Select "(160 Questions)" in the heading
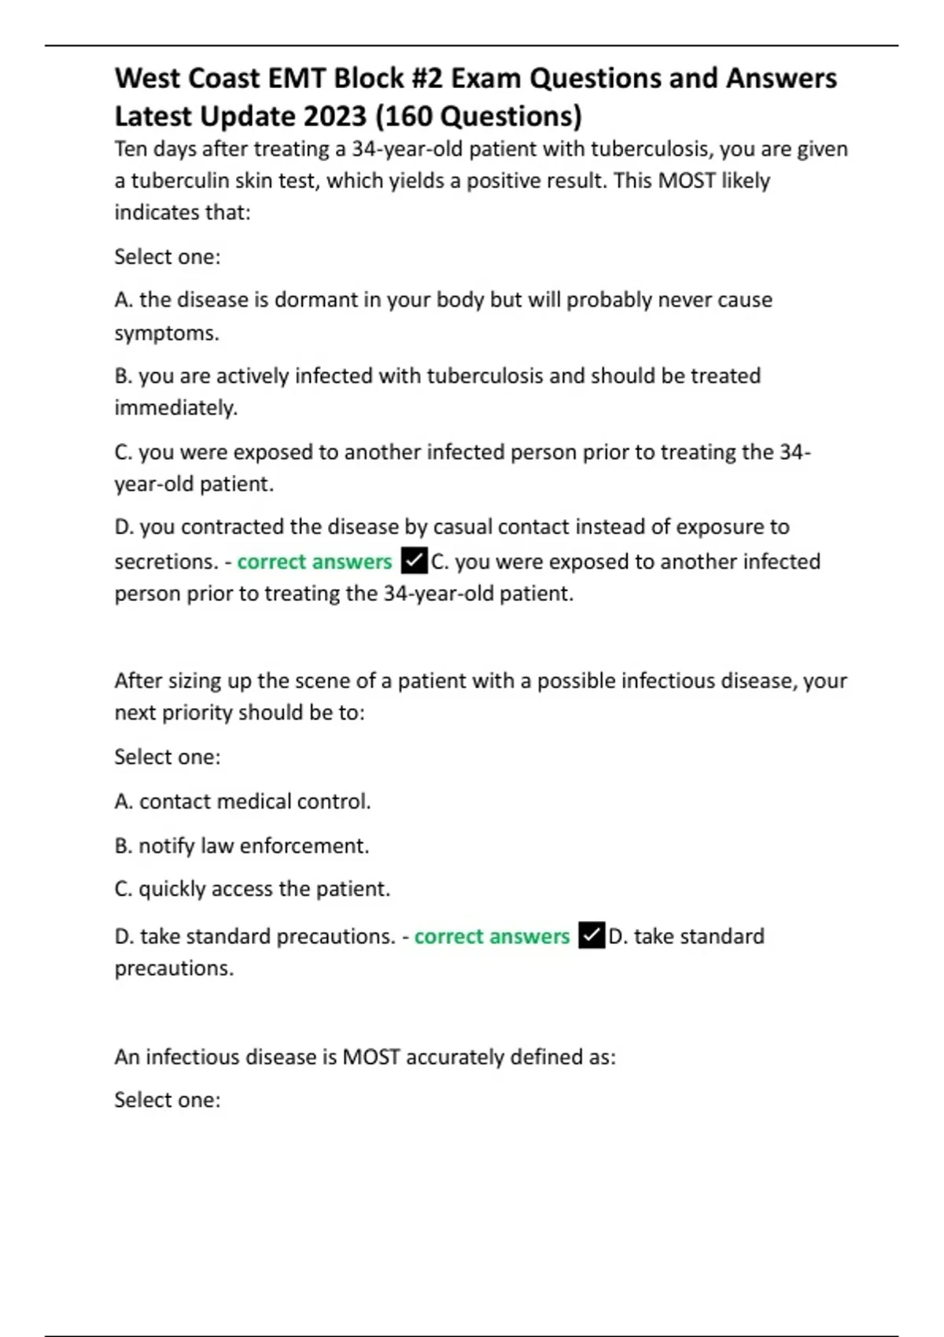[478, 116]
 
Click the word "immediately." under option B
[175, 408]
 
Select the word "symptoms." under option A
[167, 333]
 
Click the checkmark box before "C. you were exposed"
[415, 562]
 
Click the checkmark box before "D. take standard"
[592, 936]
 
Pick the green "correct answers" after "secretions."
[315, 562]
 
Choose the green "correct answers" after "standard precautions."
[492, 936]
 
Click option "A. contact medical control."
[242, 801]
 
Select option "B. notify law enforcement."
[242, 845]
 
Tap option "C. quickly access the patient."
[252, 889]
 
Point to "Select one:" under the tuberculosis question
[168, 256]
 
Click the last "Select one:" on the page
[168, 1099]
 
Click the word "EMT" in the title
[296, 79]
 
